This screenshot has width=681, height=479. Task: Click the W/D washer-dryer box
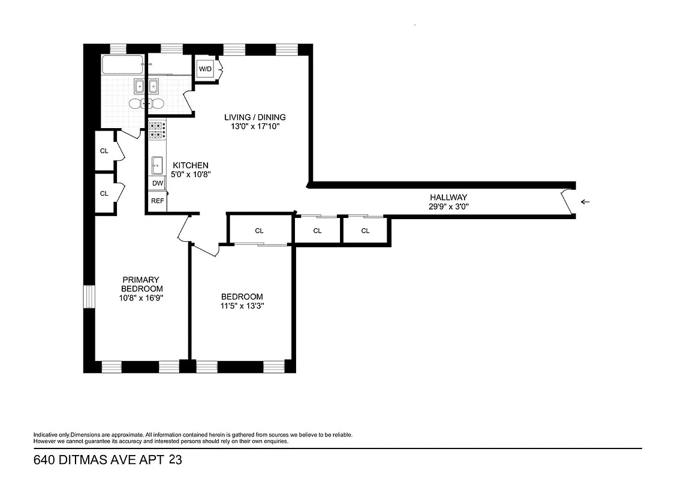(x=205, y=69)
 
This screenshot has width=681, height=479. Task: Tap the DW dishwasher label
(x=157, y=183)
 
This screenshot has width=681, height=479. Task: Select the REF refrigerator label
(x=157, y=201)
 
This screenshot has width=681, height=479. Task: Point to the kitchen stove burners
(x=157, y=130)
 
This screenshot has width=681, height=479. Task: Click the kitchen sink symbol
(x=157, y=163)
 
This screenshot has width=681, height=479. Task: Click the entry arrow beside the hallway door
(x=585, y=202)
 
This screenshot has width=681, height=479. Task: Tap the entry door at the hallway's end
(x=567, y=202)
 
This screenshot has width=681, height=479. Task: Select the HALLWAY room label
(x=448, y=197)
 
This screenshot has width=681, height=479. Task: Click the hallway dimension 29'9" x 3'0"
(x=448, y=207)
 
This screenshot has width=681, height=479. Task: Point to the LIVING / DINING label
(x=255, y=117)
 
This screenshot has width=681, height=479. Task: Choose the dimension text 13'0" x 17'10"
(x=255, y=126)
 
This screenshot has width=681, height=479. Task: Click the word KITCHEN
(x=191, y=165)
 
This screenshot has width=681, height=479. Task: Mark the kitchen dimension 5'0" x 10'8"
(x=191, y=175)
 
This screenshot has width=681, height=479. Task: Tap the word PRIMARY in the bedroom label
(x=140, y=280)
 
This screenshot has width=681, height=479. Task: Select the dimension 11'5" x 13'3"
(x=242, y=306)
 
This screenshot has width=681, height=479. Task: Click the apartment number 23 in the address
(x=176, y=460)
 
